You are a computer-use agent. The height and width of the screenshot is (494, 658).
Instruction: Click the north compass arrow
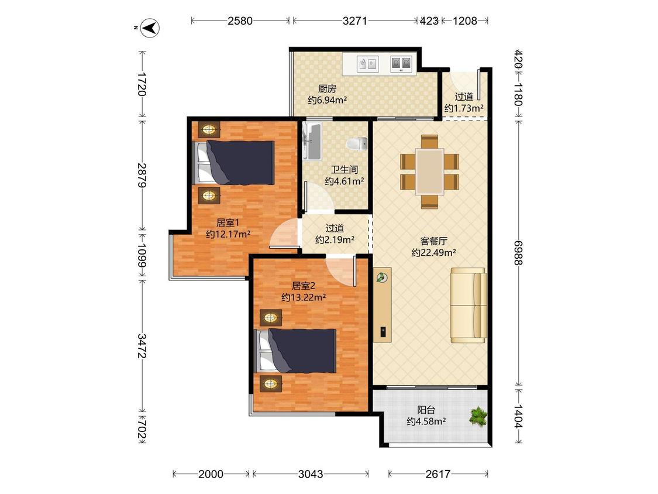(150, 28)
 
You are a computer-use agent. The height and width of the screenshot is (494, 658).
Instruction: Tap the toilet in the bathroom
(357, 143)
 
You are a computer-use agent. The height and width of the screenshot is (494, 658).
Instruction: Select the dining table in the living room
(429, 171)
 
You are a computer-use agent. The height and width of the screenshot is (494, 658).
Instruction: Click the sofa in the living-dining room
(468, 305)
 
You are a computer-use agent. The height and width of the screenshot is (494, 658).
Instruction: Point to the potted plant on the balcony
(478, 416)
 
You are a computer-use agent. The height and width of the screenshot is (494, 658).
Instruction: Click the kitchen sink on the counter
(368, 64)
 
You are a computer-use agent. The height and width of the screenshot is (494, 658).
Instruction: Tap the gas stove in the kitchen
(401, 63)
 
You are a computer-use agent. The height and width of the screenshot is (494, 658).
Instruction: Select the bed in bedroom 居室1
(233, 163)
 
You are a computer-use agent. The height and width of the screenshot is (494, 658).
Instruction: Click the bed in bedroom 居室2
(296, 351)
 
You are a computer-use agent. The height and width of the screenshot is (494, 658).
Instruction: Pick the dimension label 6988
(518, 252)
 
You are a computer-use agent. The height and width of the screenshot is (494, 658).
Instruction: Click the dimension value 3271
(354, 20)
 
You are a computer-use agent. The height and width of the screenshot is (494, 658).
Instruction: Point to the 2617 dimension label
(437, 474)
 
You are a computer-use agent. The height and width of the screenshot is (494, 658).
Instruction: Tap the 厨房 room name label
(327, 88)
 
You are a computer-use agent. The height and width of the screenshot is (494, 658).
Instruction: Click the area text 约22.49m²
(433, 252)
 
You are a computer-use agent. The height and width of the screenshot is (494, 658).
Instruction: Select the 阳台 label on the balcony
(426, 410)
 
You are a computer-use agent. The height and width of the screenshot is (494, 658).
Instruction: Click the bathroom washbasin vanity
(311, 142)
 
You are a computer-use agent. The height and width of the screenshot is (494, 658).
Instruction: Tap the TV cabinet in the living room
(383, 305)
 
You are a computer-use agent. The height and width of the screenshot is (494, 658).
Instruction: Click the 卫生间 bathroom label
(344, 170)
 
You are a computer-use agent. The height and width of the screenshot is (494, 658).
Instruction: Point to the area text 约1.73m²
(464, 108)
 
